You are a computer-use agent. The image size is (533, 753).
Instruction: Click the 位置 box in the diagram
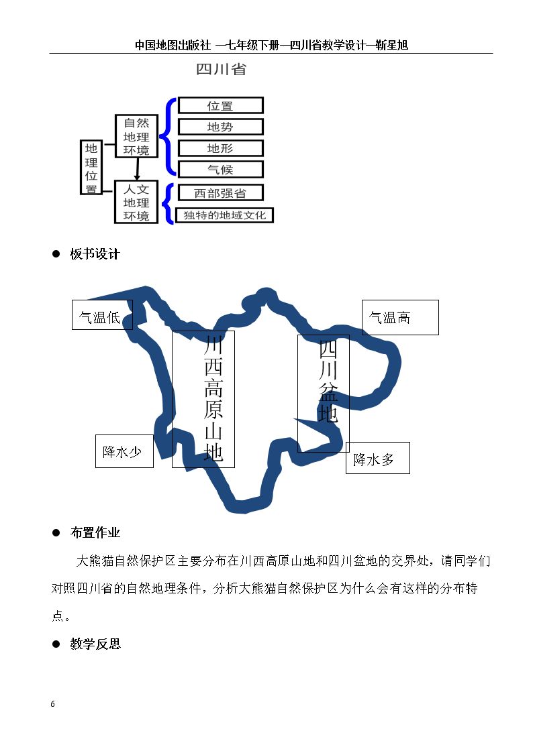221,106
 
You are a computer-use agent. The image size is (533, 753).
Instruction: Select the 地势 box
221,127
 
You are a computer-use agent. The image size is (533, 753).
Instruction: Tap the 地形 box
221,148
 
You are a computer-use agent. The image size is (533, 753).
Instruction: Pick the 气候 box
221,170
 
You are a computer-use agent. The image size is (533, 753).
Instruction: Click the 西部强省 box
221,193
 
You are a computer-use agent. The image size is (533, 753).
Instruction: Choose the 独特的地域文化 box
224,215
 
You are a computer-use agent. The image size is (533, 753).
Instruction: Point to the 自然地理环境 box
136,136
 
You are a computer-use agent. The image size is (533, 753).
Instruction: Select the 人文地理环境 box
136,202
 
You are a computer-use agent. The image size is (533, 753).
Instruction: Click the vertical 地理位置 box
91,168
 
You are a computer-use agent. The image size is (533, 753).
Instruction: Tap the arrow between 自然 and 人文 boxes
138,169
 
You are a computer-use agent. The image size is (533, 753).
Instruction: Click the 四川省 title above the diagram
221,69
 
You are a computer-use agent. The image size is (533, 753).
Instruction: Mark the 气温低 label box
102,315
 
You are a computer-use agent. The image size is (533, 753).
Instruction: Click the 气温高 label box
400,317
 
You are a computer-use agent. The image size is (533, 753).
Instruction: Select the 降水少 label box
124,451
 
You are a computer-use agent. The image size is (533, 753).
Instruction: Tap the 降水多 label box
378,458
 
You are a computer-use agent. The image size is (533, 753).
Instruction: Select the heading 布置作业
95,532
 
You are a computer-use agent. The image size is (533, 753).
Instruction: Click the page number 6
53,704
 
